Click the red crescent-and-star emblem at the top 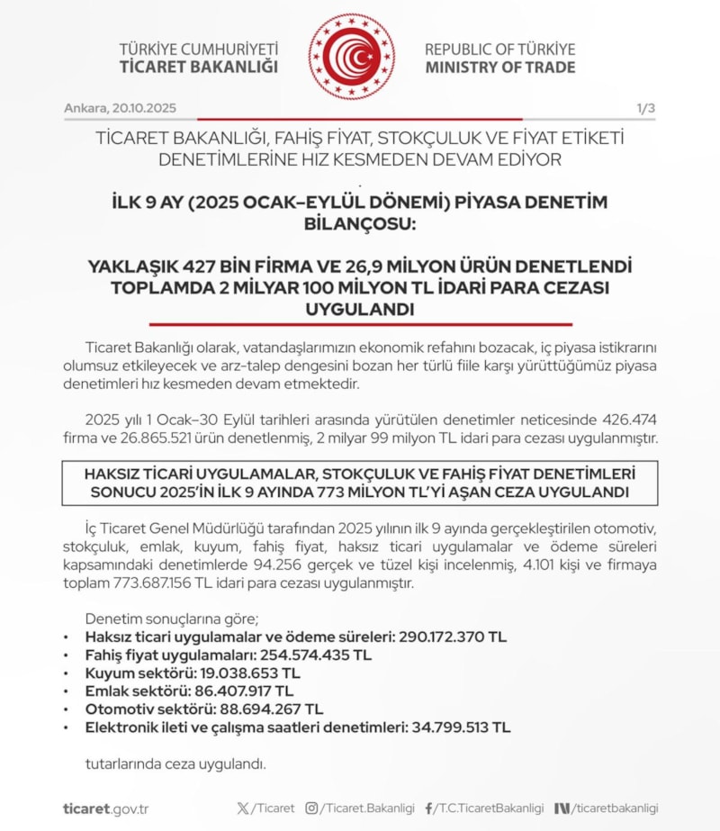pyautogui.click(x=351, y=57)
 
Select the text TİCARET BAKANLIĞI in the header pyautogui.click(x=198, y=68)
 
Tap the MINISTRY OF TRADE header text pyautogui.click(x=500, y=68)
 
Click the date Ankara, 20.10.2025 pyautogui.click(x=120, y=108)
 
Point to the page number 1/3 pyautogui.click(x=645, y=108)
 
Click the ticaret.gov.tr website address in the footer pyautogui.click(x=105, y=808)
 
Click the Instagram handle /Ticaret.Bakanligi pyautogui.click(x=360, y=808)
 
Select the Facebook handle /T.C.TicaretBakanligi pyautogui.click(x=484, y=808)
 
